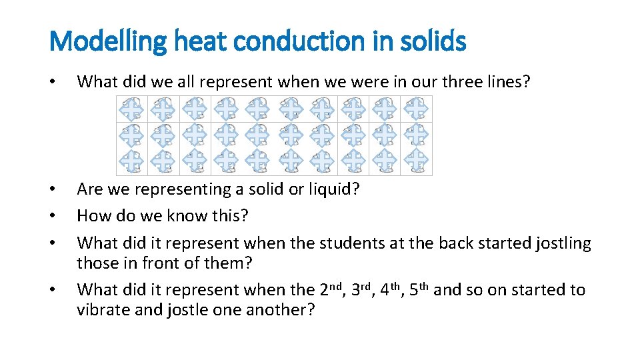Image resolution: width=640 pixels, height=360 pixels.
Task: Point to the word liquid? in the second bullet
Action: [329, 189]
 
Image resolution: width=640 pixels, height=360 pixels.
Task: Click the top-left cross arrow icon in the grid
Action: [132, 109]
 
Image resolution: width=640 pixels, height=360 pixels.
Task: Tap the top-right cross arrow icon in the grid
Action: [416, 109]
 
